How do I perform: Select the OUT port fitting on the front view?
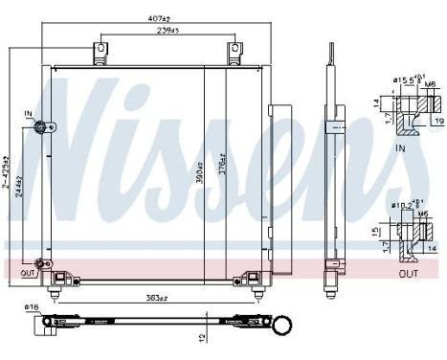tap(42, 265)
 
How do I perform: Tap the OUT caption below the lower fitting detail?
tap(409, 274)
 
